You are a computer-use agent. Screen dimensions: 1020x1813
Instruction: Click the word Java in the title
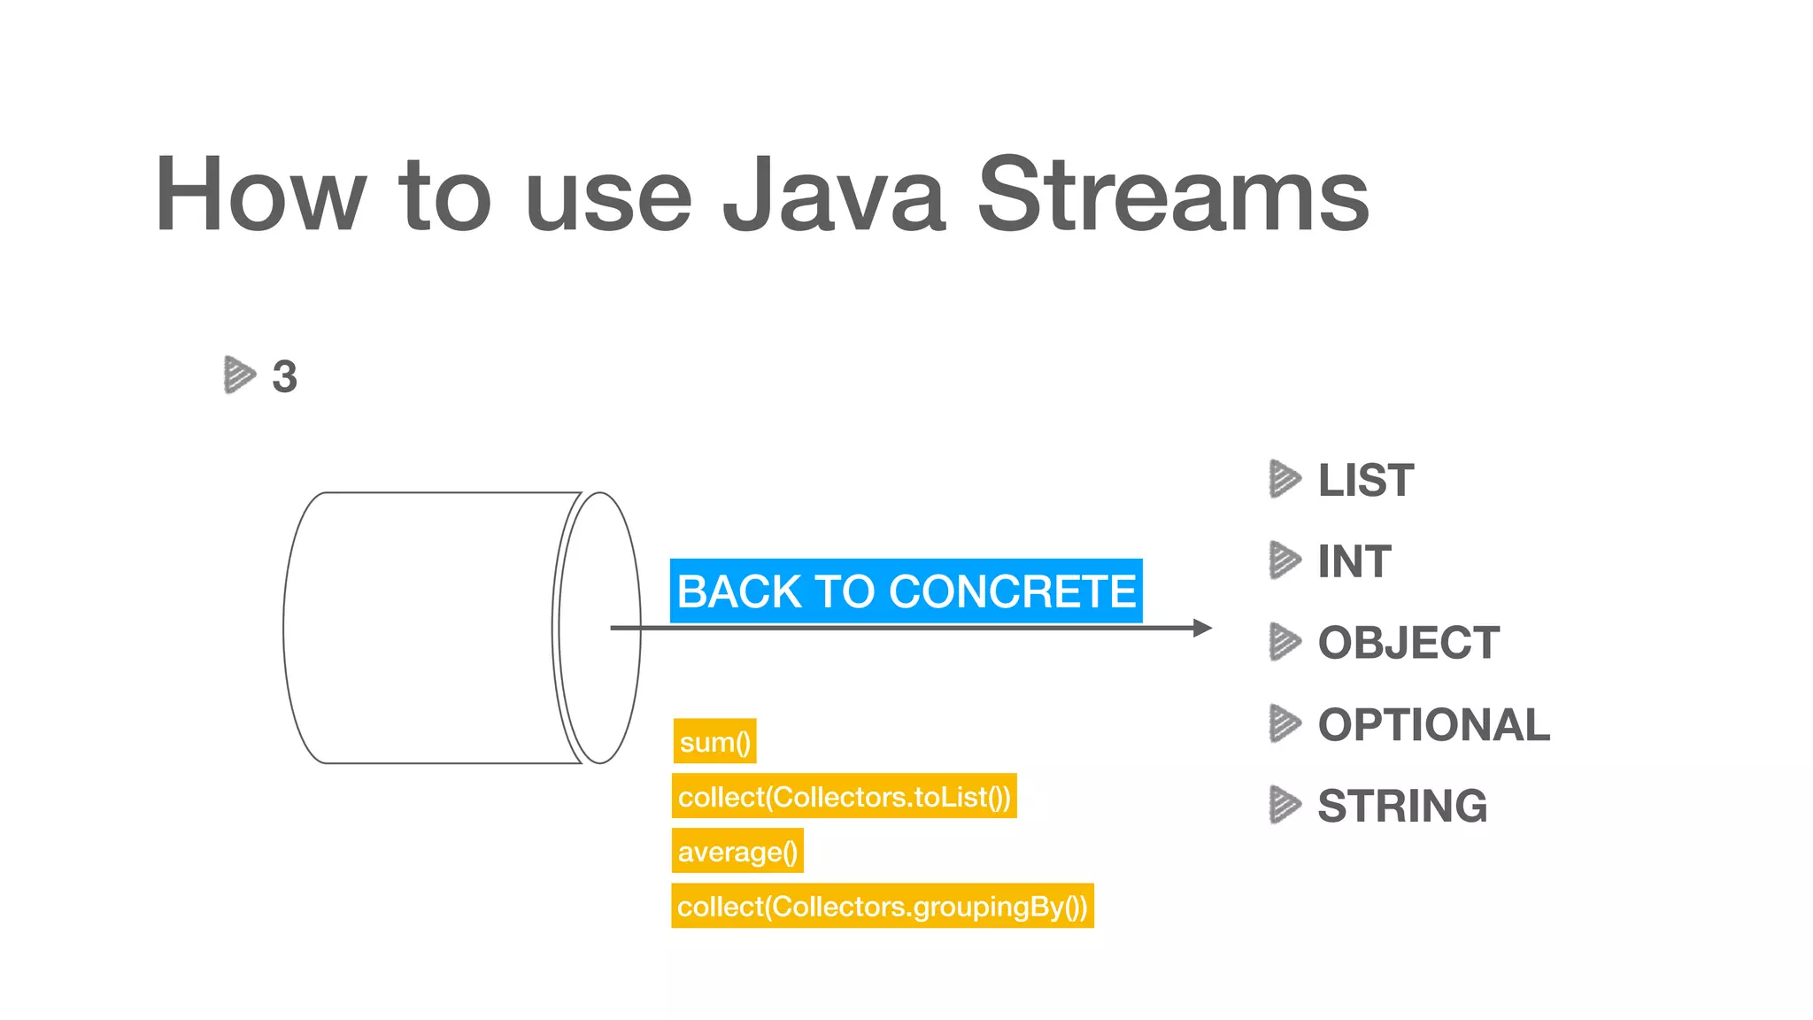[x=835, y=195]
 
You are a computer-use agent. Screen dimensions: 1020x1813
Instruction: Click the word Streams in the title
[x=1173, y=195]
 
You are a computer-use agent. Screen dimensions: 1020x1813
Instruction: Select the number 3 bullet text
[x=284, y=376]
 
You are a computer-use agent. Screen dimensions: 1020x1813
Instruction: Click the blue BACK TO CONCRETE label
[x=906, y=591]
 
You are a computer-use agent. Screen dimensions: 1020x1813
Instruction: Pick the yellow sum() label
[x=714, y=741]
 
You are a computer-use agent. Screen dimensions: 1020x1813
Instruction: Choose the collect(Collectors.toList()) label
[x=844, y=796]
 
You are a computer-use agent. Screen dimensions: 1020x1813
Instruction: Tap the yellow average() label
[x=737, y=851]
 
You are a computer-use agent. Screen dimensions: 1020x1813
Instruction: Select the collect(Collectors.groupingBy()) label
[x=882, y=906]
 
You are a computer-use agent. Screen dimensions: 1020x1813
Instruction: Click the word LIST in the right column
[x=1365, y=480]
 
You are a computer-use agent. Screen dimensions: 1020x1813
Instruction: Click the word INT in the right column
[x=1354, y=561]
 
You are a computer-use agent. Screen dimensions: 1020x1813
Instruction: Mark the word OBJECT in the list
[x=1408, y=643]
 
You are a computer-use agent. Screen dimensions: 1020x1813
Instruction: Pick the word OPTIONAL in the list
[x=1433, y=724]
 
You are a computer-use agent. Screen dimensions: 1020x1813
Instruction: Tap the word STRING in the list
[x=1402, y=806]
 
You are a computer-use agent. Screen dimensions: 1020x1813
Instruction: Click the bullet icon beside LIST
[x=1285, y=479]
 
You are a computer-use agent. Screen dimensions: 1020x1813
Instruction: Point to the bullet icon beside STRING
[x=1285, y=805]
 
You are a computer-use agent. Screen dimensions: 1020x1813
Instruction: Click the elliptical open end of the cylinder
[x=599, y=628]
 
